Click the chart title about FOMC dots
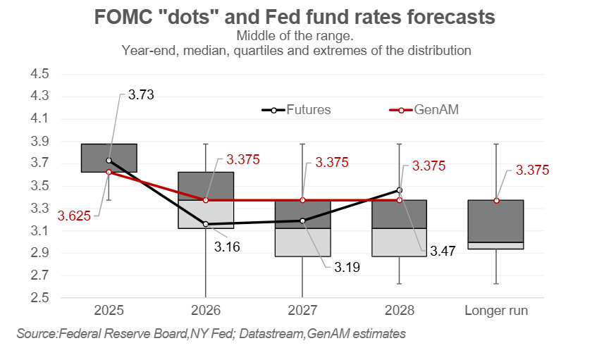(295, 17)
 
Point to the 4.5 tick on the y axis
(39, 75)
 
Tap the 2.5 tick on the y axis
(39, 298)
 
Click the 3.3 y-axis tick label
(39, 209)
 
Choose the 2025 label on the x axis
(109, 311)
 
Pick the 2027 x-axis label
(302, 311)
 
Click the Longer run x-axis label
(496, 311)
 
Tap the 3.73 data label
(141, 94)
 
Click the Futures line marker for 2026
(206, 224)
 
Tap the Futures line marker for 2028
(400, 190)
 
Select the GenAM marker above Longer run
(496, 200)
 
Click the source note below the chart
(211, 333)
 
